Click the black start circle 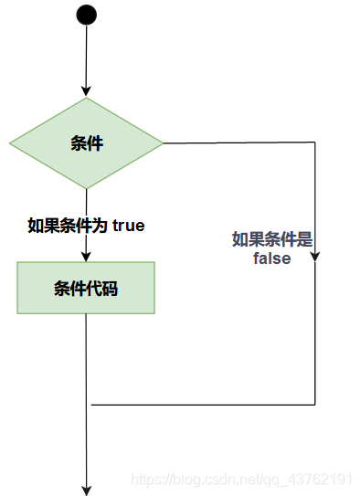point(86,14)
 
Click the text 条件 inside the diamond point(86,143)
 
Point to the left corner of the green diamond point(11,143)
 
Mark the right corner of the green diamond point(162,143)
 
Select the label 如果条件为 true point(86,225)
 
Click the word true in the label point(128,225)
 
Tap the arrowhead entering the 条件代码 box point(86,257)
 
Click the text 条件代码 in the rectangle point(86,289)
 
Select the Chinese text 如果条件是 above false point(272,240)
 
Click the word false point(272,259)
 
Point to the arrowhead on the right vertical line point(315,259)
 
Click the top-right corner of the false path point(315,143)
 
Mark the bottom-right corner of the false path point(315,405)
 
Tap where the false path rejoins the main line point(88,405)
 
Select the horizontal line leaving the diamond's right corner point(238,143)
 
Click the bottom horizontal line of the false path point(201,405)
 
